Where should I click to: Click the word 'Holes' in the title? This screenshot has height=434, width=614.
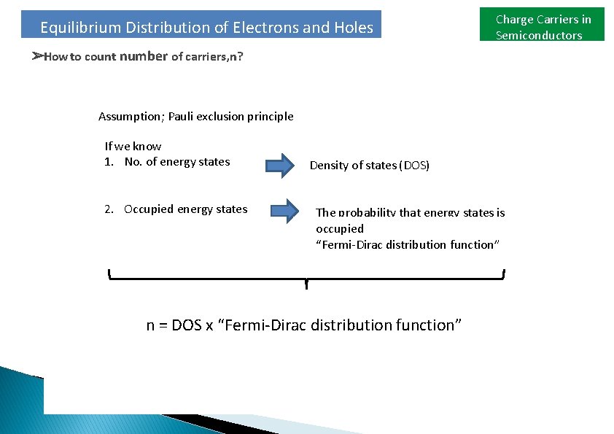coord(354,28)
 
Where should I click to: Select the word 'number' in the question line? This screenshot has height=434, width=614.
coord(144,56)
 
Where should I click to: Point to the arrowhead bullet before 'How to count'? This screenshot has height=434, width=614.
coord(37,56)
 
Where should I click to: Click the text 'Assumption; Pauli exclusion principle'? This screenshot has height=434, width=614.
coord(195,117)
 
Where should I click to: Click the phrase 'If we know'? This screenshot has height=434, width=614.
coord(133,147)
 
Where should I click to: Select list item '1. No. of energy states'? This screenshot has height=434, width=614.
coord(167,162)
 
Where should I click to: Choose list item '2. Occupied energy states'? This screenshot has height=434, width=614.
coord(176,209)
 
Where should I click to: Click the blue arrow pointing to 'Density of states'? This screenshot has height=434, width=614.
coord(278,166)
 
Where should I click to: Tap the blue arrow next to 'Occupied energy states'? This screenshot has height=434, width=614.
coord(285,211)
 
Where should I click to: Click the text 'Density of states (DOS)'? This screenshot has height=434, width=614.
coord(370,166)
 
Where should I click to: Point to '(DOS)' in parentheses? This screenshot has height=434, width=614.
coord(415,166)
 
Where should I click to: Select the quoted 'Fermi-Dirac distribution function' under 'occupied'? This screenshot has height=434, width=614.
coord(407,245)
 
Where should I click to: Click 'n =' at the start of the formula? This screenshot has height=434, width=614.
coord(157,325)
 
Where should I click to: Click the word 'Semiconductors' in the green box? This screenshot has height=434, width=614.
coord(539,36)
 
